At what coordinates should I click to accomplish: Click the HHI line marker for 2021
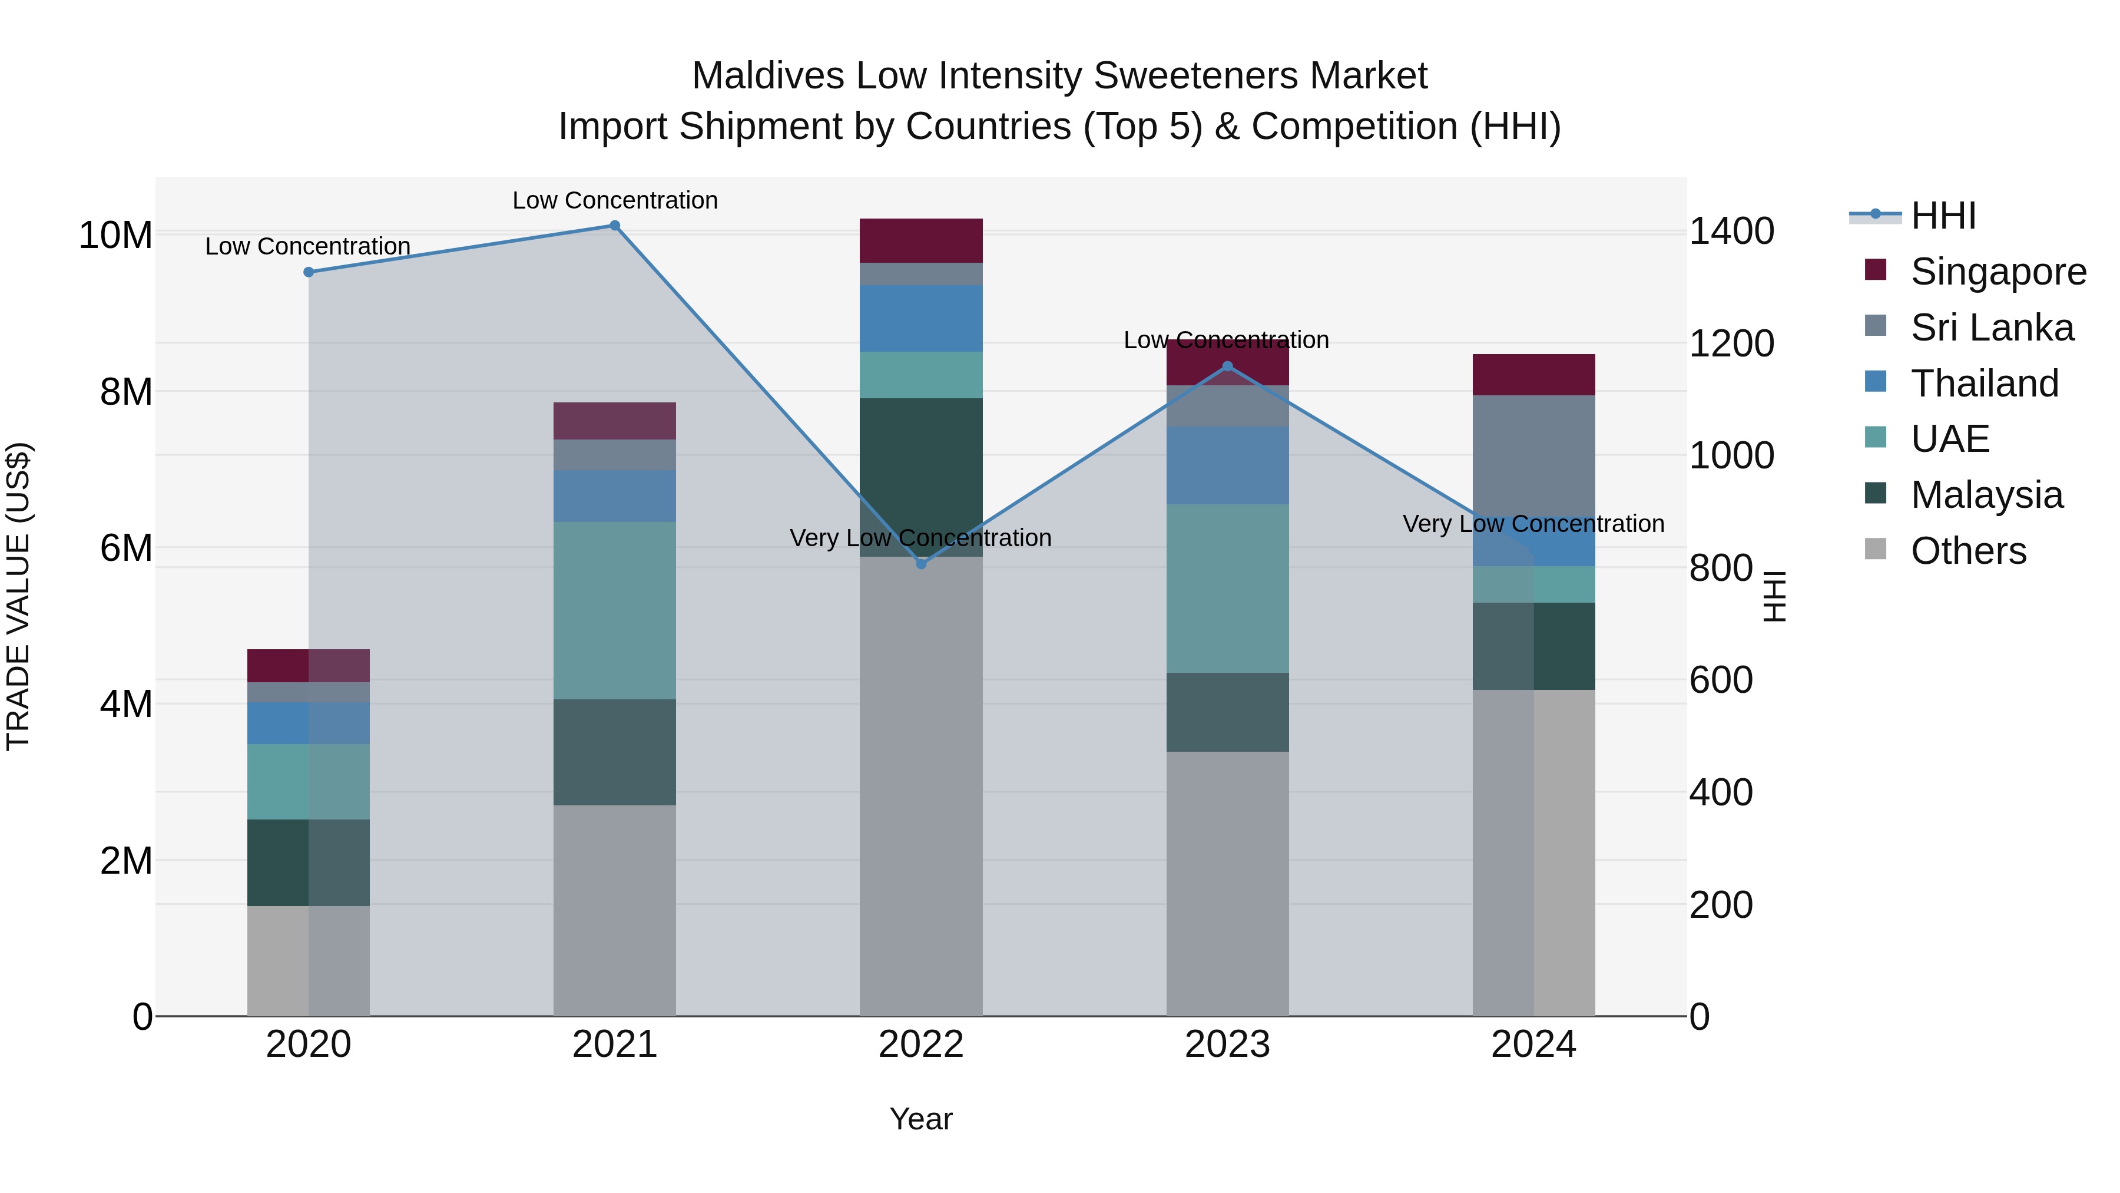pos(615,226)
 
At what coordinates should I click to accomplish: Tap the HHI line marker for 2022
pos(921,564)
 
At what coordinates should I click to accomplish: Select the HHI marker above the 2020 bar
pos(309,272)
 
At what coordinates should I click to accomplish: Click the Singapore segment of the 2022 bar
pos(921,240)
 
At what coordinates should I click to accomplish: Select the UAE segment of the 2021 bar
pos(615,610)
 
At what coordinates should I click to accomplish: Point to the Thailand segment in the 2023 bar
pos(1227,465)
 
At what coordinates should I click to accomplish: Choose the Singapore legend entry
pos(1998,272)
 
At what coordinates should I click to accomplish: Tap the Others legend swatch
pos(1876,549)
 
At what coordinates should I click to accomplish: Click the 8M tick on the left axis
pos(126,392)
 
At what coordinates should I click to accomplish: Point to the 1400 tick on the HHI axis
pos(1731,232)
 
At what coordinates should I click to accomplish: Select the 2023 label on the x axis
pos(1227,1045)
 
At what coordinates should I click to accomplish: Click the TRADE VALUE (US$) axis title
pos(19,596)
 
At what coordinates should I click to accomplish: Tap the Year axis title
pos(921,1119)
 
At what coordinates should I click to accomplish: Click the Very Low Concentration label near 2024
pos(1533,524)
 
